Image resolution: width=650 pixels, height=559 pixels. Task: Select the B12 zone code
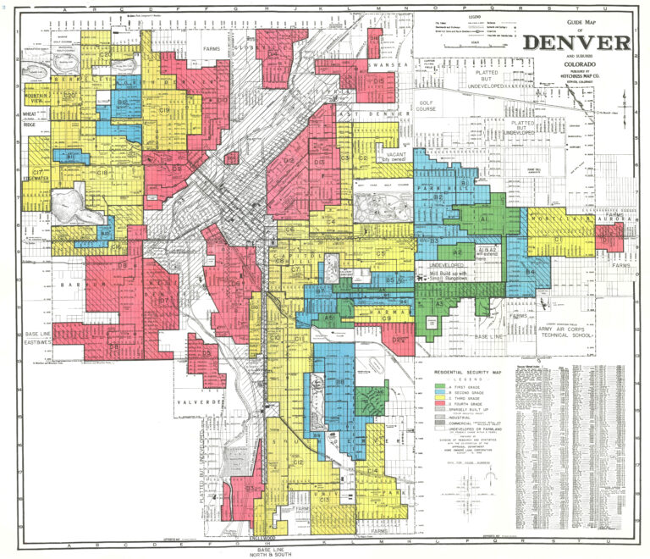124,102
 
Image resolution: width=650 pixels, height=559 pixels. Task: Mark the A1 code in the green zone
484,219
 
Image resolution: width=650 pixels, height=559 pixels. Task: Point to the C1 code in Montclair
559,241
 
